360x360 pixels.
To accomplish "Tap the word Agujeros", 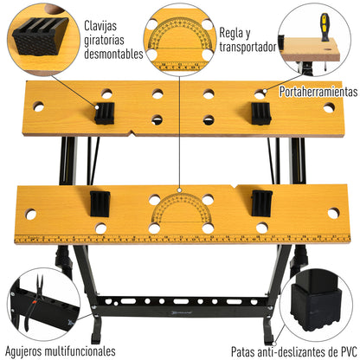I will [x=29, y=351].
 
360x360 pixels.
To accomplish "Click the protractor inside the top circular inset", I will [x=180, y=48].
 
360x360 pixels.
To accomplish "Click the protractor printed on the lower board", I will [x=180, y=212].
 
